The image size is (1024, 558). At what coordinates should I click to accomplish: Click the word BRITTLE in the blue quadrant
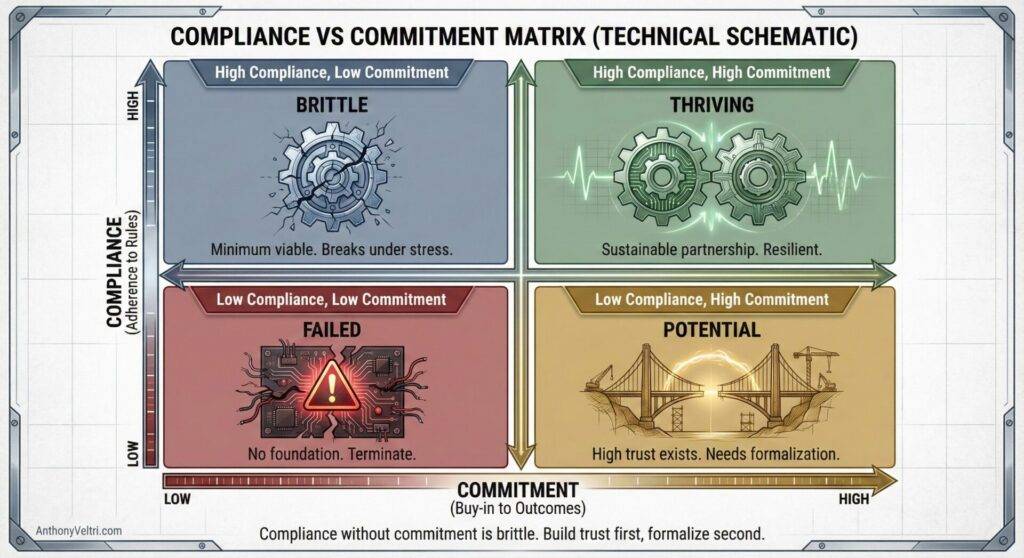(331, 105)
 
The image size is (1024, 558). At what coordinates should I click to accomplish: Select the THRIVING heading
(712, 105)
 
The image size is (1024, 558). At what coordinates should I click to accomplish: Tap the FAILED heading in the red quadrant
(331, 329)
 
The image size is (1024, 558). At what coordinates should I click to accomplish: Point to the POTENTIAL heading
(711, 329)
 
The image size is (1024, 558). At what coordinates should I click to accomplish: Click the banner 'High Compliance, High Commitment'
(712, 72)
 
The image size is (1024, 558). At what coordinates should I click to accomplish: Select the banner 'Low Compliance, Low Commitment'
(331, 298)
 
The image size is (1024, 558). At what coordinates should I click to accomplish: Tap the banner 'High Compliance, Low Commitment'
(331, 72)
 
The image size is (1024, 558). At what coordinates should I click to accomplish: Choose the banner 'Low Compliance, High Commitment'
(712, 299)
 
